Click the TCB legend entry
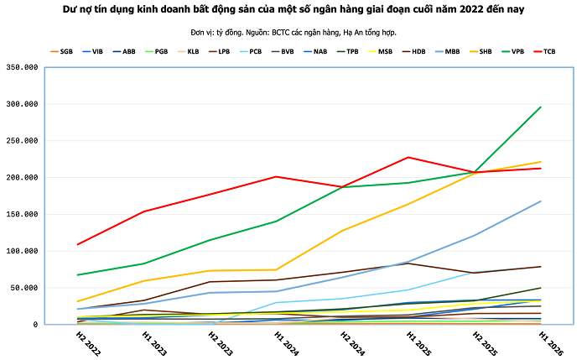pyautogui.click(x=544, y=52)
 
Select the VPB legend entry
pyautogui.click(x=512, y=52)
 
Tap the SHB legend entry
pyautogui.click(x=481, y=52)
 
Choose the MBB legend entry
pyautogui.click(x=447, y=52)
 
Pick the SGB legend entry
pyautogui.click(x=61, y=52)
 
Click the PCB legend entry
pyautogui.click(x=251, y=52)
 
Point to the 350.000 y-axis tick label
pyautogui.click(x=22, y=67)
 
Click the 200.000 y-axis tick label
pyautogui.click(x=22, y=178)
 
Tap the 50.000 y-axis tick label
pyautogui.click(x=24, y=288)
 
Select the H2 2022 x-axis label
pyautogui.click(x=88, y=343)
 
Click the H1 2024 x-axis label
pyautogui.click(x=287, y=343)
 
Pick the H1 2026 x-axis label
pyautogui.click(x=551, y=343)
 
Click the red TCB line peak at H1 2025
pyautogui.click(x=408, y=157)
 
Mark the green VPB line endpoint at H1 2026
pyautogui.click(x=540, y=107)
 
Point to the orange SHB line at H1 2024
pyautogui.click(x=276, y=269)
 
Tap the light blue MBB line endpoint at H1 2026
pyautogui.click(x=540, y=201)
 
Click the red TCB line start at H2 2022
pyautogui.click(x=78, y=244)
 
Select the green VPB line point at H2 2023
pyautogui.click(x=210, y=240)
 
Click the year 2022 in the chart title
pyautogui.click(x=471, y=9)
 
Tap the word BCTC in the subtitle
pyautogui.click(x=280, y=33)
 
